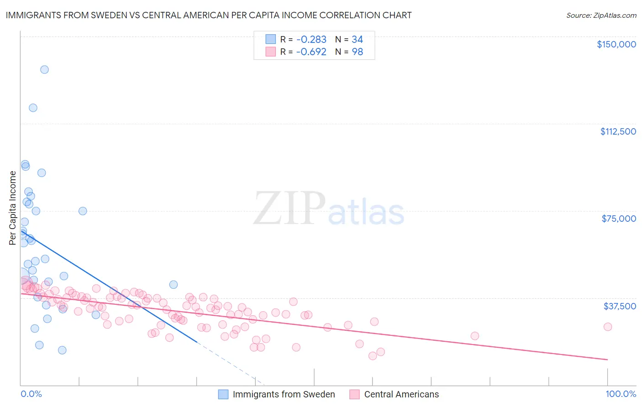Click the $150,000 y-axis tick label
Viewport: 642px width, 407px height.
[x=616, y=44]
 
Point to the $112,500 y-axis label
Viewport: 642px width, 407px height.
[x=618, y=131]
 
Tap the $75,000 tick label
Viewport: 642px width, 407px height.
[x=619, y=219]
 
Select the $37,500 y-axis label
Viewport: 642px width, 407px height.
[x=620, y=306]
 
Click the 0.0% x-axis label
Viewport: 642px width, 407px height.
[x=31, y=394]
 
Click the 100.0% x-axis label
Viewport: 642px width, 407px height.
[x=621, y=394]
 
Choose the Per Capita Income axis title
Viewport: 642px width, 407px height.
[x=12, y=208]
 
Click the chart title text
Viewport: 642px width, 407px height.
[x=209, y=15]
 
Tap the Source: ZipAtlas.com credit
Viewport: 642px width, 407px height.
[x=601, y=16]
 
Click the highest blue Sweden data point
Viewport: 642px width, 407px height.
[x=44, y=69]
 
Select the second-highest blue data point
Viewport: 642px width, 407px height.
[x=33, y=108]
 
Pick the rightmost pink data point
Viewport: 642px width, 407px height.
[x=607, y=327]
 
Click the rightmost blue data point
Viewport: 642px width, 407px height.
[x=174, y=284]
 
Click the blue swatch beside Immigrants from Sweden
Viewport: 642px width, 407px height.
[x=223, y=394]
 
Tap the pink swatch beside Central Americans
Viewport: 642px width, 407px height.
[x=354, y=394]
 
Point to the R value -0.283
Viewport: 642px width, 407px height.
[x=311, y=40]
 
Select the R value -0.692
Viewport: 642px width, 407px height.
[x=311, y=52]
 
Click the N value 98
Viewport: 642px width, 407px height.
[x=357, y=52]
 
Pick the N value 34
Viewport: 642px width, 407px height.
[x=357, y=40]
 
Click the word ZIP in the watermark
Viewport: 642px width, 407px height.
[x=289, y=208]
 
